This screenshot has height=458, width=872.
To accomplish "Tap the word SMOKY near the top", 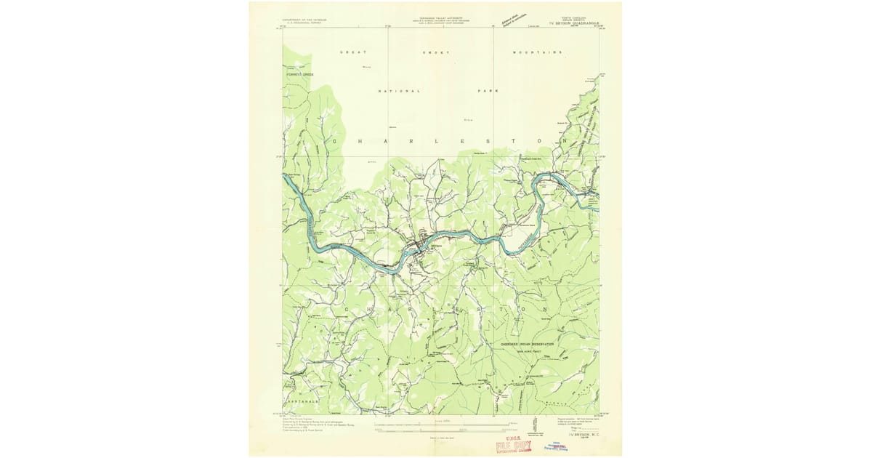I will tap(437, 53).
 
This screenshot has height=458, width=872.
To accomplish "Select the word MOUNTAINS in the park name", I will tap(537, 53).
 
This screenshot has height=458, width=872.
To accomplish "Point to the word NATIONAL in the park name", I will tap(399, 91).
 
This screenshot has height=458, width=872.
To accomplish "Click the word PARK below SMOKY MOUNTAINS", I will tap(488, 91).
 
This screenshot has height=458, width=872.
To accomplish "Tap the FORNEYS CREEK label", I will tap(299, 74).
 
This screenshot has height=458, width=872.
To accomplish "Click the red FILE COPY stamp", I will tap(513, 446).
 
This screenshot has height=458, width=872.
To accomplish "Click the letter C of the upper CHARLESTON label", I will tap(334, 140).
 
